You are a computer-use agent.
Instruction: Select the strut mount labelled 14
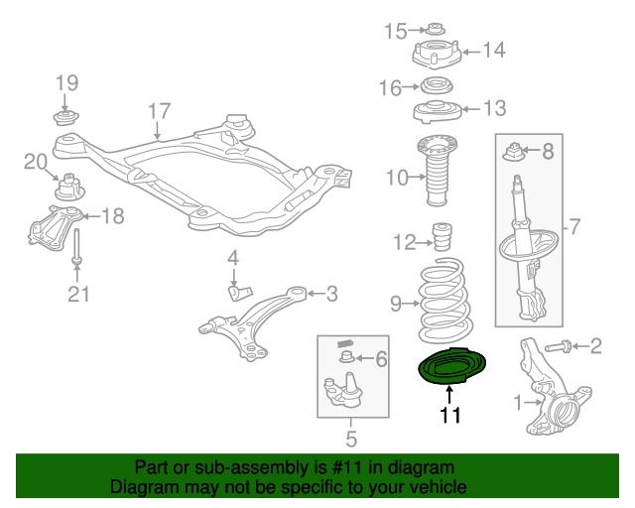coord(436,52)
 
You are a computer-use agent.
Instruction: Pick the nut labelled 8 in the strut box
coord(515,152)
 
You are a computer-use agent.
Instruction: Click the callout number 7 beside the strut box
coord(571,228)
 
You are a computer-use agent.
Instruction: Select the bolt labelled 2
coord(559,346)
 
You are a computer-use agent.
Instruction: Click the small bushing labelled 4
coord(237,290)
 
